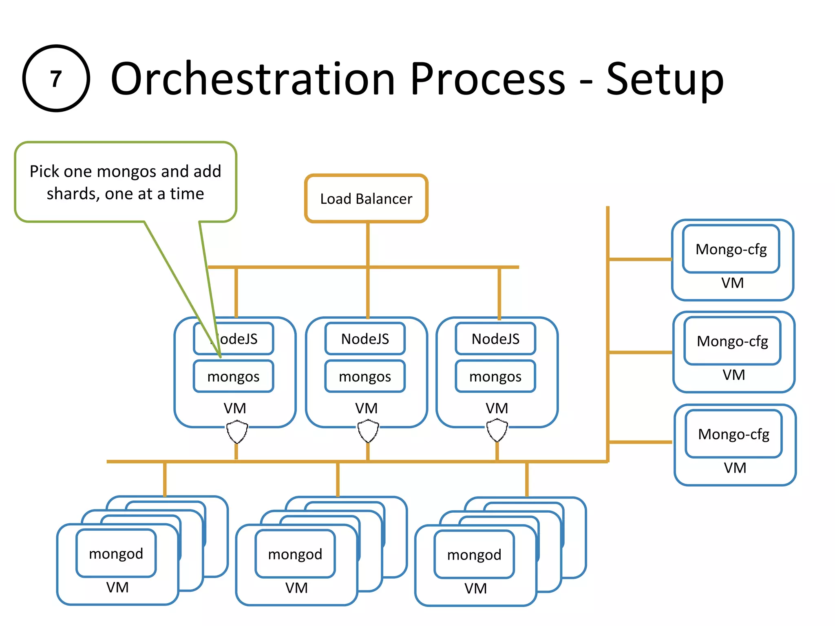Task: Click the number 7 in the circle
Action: (x=56, y=78)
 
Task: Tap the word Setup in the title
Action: (x=665, y=79)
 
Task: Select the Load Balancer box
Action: (x=366, y=199)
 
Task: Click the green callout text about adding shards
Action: (x=125, y=182)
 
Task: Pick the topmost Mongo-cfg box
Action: (x=731, y=249)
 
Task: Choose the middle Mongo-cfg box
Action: (x=732, y=341)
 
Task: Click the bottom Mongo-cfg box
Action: (x=733, y=434)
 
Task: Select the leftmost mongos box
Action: (x=233, y=377)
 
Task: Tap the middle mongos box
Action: (x=365, y=377)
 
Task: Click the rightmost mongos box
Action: (x=495, y=377)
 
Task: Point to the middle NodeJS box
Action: (x=365, y=339)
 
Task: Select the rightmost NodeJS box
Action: (x=495, y=339)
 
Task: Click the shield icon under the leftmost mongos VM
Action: (x=237, y=432)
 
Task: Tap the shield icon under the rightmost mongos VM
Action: (x=497, y=431)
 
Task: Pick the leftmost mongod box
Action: (x=116, y=553)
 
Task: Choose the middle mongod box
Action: (x=295, y=554)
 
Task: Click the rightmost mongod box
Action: (x=474, y=555)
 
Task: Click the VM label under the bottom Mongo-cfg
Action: (x=735, y=468)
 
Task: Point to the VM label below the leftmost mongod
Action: (x=117, y=587)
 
